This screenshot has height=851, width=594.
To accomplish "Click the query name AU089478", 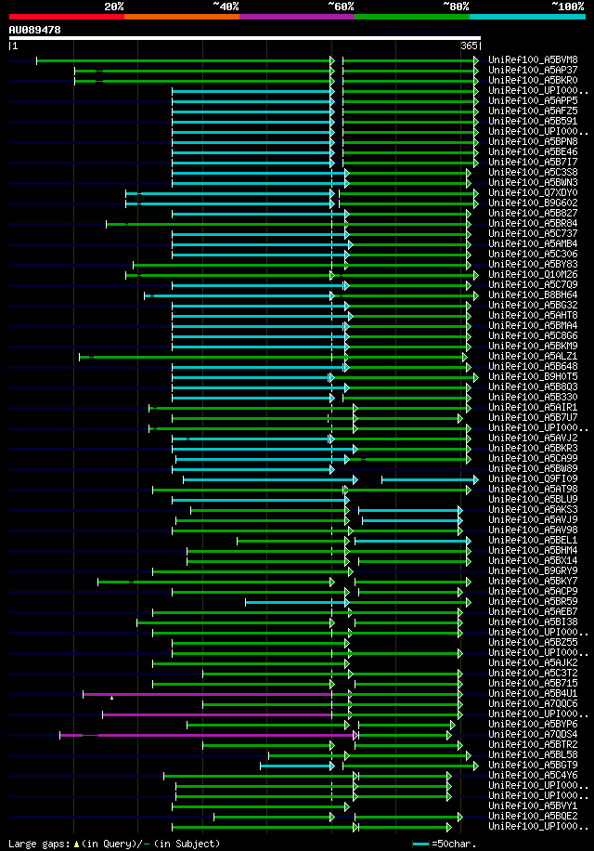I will pyautogui.click(x=34, y=30).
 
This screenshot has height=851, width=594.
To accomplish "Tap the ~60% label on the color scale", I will pyautogui.click(x=341, y=6).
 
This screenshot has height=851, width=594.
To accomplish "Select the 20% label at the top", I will pyautogui.click(x=113, y=6).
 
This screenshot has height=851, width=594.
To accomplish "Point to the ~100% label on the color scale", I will pyautogui.click(x=567, y=6).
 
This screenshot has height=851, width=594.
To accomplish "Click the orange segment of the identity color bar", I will pyautogui.click(x=181, y=16).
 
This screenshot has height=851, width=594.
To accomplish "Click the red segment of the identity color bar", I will pyautogui.click(x=66, y=16).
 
